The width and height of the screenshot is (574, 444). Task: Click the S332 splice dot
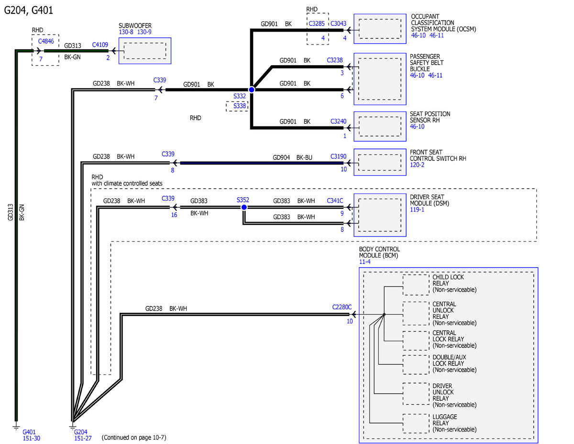252,90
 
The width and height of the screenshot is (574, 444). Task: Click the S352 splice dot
244,207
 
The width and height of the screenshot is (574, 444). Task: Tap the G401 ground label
29,432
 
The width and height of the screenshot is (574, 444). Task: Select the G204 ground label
80,432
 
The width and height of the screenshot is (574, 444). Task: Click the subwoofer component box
145,51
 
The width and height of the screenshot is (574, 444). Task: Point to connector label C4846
46,41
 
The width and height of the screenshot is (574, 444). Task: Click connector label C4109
100,45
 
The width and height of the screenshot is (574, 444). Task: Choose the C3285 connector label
317,23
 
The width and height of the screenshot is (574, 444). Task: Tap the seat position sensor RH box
380,126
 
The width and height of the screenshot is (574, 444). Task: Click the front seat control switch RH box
380,162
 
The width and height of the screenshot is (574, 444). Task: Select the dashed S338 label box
237,106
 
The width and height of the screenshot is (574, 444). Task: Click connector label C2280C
342,307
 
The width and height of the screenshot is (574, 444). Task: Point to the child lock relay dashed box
416,285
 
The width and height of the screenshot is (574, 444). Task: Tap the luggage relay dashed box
416,423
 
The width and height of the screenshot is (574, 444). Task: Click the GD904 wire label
281,158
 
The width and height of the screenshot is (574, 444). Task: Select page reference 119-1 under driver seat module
417,210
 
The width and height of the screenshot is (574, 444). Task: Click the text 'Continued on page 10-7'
134,438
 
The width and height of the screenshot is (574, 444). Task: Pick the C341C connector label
335,201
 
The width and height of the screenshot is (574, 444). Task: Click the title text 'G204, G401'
29,11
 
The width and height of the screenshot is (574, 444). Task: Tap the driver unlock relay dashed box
416,394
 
